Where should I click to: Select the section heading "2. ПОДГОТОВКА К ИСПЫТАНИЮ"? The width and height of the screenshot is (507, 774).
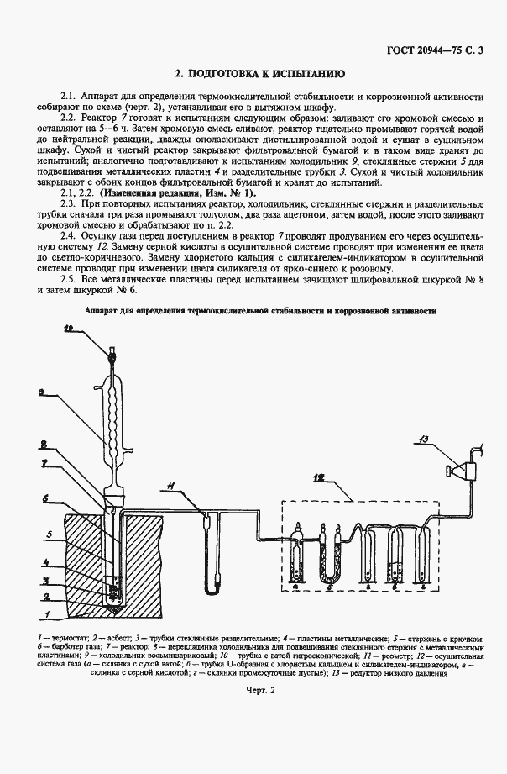(253, 73)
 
